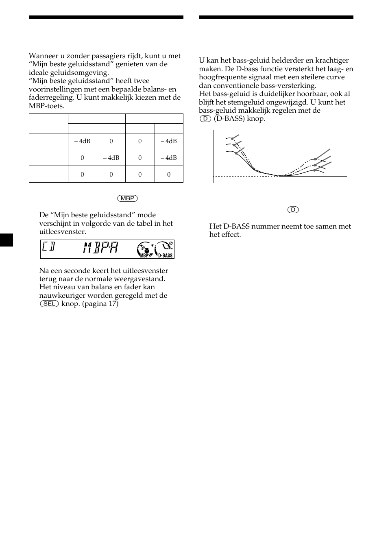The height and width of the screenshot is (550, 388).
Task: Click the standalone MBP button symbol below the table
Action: tap(127, 199)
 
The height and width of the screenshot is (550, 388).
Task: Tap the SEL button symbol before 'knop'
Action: tap(49, 304)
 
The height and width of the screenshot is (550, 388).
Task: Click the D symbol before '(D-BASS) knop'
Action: tap(205, 119)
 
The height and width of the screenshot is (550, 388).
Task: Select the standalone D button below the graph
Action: tap(293, 210)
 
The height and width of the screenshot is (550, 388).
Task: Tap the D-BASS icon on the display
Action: tap(164, 249)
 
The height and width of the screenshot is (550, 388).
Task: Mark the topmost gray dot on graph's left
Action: tap(232, 139)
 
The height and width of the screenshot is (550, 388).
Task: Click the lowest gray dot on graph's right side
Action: tap(314, 170)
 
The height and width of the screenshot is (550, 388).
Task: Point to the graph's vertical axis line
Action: tap(214, 157)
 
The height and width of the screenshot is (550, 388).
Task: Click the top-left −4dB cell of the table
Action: tap(82, 141)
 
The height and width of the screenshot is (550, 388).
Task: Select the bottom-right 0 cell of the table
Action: tap(169, 175)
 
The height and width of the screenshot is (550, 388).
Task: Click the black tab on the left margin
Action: tap(7, 240)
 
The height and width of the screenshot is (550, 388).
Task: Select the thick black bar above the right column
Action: tap(276, 17)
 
